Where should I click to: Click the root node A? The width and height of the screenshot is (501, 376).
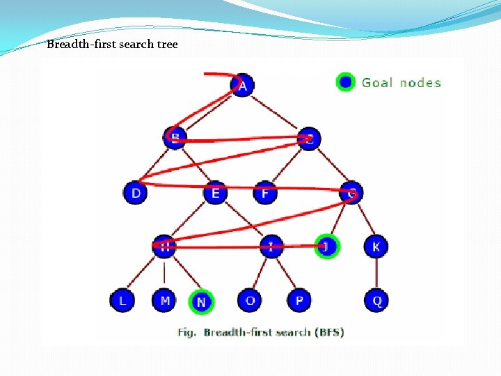(242, 86)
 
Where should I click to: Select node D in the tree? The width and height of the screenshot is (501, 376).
(135, 192)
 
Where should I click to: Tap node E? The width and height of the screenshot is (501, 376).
(215, 192)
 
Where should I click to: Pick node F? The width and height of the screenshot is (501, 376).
(264, 192)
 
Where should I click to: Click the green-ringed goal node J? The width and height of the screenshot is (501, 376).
(326, 246)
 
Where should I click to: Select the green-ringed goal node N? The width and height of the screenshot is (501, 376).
(201, 302)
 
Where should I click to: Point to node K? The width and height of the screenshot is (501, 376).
(376, 246)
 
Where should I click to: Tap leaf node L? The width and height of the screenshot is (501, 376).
(122, 301)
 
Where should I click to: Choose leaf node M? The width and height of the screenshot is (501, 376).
(164, 301)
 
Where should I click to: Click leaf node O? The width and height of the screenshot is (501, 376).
(249, 301)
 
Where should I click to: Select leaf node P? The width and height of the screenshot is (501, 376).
(299, 301)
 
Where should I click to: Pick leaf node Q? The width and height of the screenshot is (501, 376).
(376, 301)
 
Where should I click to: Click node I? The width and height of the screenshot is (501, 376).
(271, 246)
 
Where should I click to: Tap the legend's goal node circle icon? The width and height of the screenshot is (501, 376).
(345, 82)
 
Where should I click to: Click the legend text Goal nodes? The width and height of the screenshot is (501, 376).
(401, 83)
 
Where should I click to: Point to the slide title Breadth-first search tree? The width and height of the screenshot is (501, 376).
(112, 45)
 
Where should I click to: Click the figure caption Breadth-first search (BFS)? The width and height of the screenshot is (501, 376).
(261, 332)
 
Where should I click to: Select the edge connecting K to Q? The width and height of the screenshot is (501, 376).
(376, 274)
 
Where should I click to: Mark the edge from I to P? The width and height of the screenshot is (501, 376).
(285, 274)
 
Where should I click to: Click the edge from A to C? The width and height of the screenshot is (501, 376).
(276, 111)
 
